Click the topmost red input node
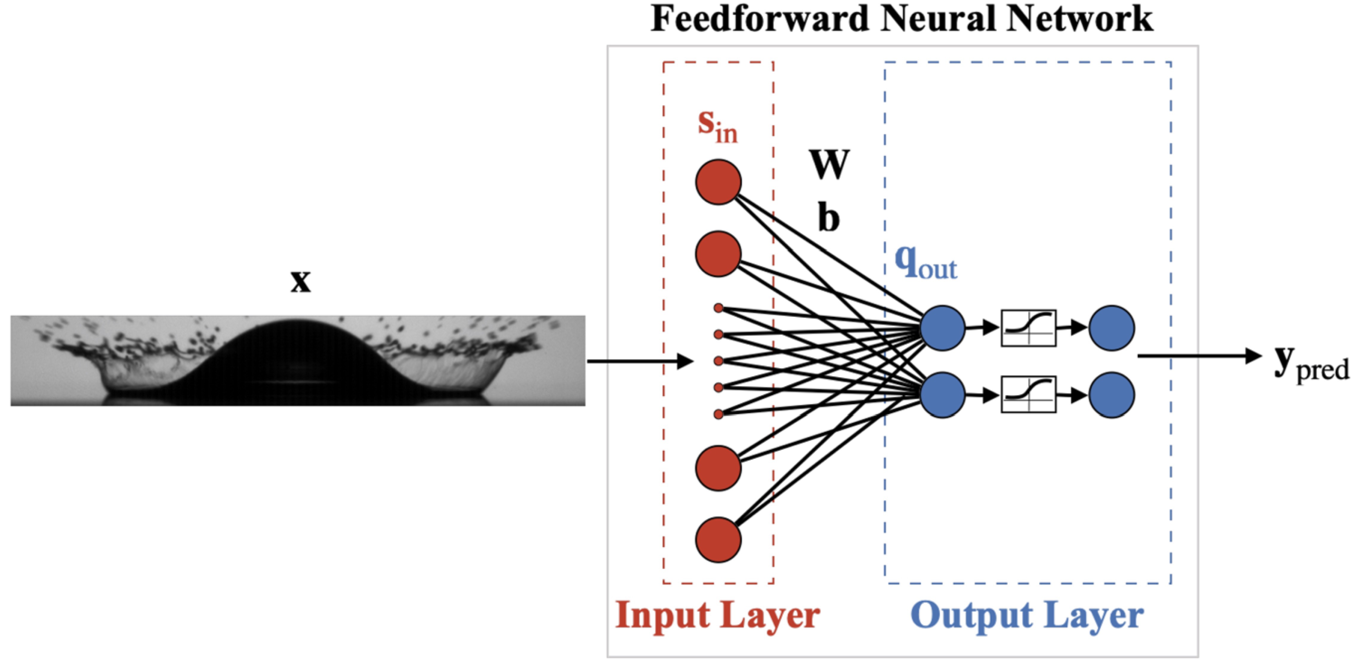pyautogui.click(x=718, y=182)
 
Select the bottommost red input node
pyautogui.click(x=718, y=540)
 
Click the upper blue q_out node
pyautogui.click(x=942, y=328)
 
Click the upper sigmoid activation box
pyautogui.click(x=1028, y=328)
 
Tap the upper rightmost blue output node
pyautogui.click(x=1111, y=328)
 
